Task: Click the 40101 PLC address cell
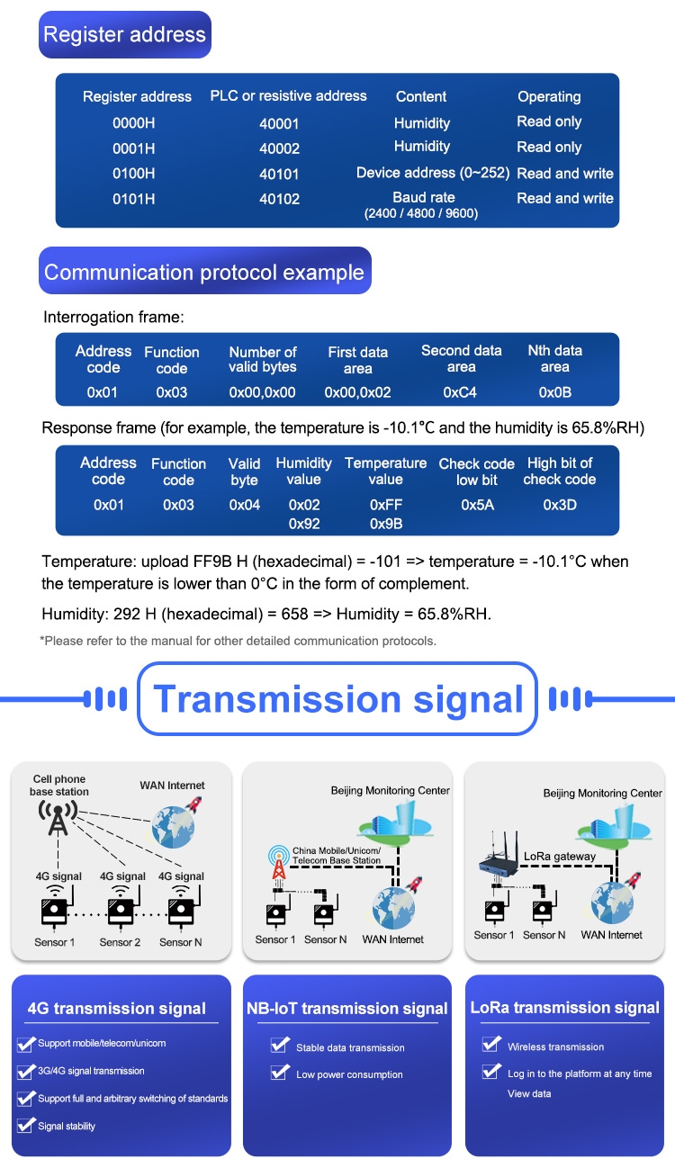[279, 175]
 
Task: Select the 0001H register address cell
[133, 148]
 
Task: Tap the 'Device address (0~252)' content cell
[432, 173]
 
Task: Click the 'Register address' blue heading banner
[125, 34]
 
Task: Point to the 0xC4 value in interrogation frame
[460, 392]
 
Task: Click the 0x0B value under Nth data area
[555, 392]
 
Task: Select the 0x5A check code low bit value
[477, 505]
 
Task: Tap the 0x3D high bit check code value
[560, 505]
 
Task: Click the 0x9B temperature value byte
[386, 524]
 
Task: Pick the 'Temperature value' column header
[385, 471]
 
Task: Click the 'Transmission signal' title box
[337, 698]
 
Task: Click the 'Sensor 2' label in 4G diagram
[120, 942]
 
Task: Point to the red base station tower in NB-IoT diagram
[279, 863]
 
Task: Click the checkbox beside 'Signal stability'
[25, 1125]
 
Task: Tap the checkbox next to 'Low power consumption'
[280, 1072]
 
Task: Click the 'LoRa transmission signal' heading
[565, 1008]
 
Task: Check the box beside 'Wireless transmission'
[491, 1044]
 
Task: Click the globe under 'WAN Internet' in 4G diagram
[173, 827]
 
